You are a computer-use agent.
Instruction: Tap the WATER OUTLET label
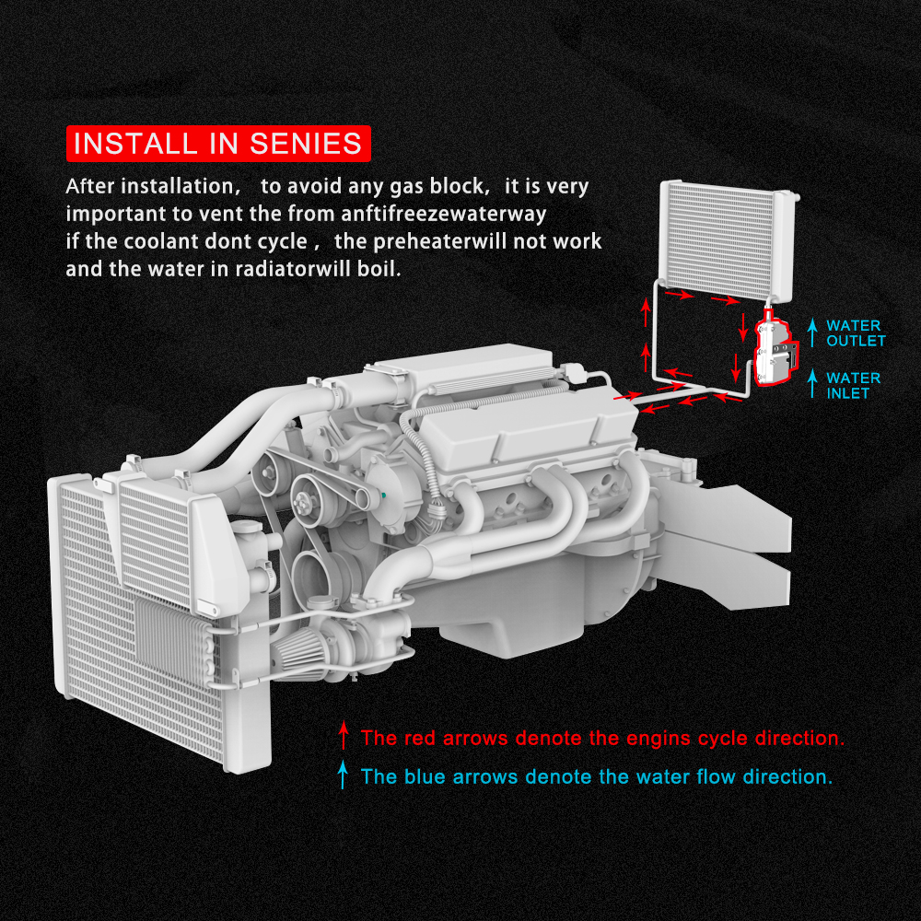[x=855, y=333]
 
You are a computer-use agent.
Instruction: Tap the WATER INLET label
[x=853, y=385]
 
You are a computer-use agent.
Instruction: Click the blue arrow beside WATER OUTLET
[x=811, y=332]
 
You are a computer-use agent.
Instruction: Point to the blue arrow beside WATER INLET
[x=811, y=384]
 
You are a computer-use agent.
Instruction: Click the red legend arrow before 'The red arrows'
[x=344, y=737]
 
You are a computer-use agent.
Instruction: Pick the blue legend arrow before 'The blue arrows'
[x=343, y=776]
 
